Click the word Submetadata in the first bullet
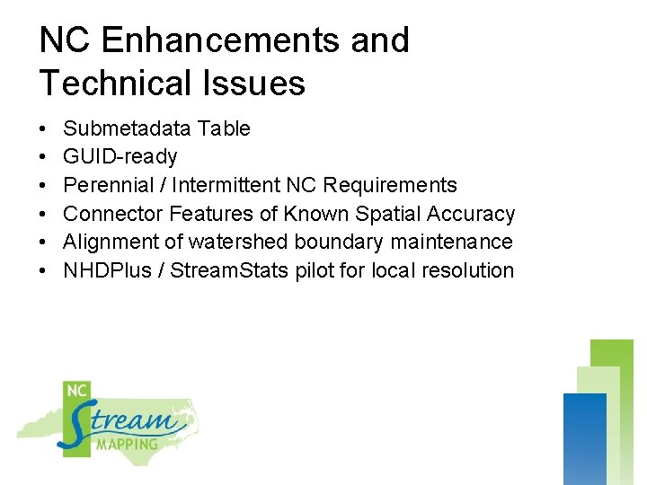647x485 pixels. (x=128, y=128)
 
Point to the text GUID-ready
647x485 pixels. (x=120, y=157)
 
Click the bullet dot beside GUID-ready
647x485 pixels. (x=44, y=157)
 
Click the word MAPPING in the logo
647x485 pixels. (x=128, y=444)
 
